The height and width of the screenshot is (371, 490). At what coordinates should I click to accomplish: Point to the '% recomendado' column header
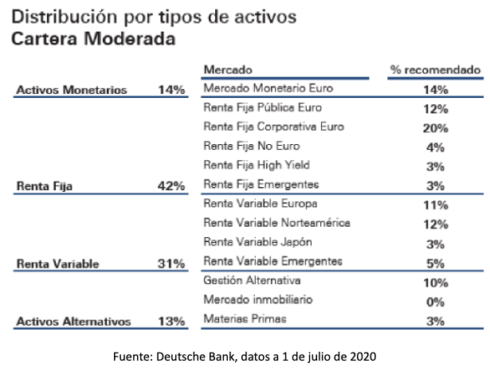coord(435,70)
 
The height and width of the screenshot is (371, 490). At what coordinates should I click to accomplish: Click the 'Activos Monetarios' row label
coord(72,90)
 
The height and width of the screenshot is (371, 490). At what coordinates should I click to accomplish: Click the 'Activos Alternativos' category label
coord(73,322)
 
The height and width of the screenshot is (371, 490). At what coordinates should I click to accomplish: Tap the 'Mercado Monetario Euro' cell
coord(268,88)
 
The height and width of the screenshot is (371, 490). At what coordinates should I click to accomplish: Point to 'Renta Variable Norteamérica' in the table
coord(276,223)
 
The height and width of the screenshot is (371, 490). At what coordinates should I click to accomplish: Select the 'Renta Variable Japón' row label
coord(257,242)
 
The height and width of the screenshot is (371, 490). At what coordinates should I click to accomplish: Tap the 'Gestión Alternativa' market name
coord(250,281)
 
